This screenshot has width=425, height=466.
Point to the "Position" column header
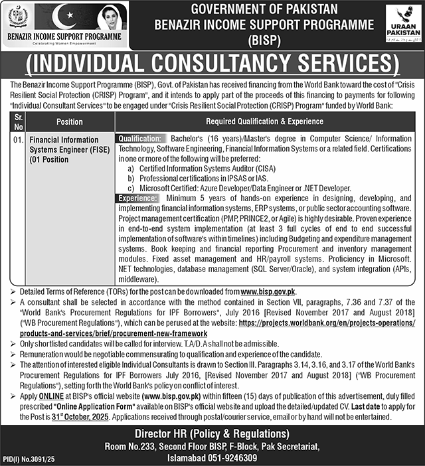coord(70,121)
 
